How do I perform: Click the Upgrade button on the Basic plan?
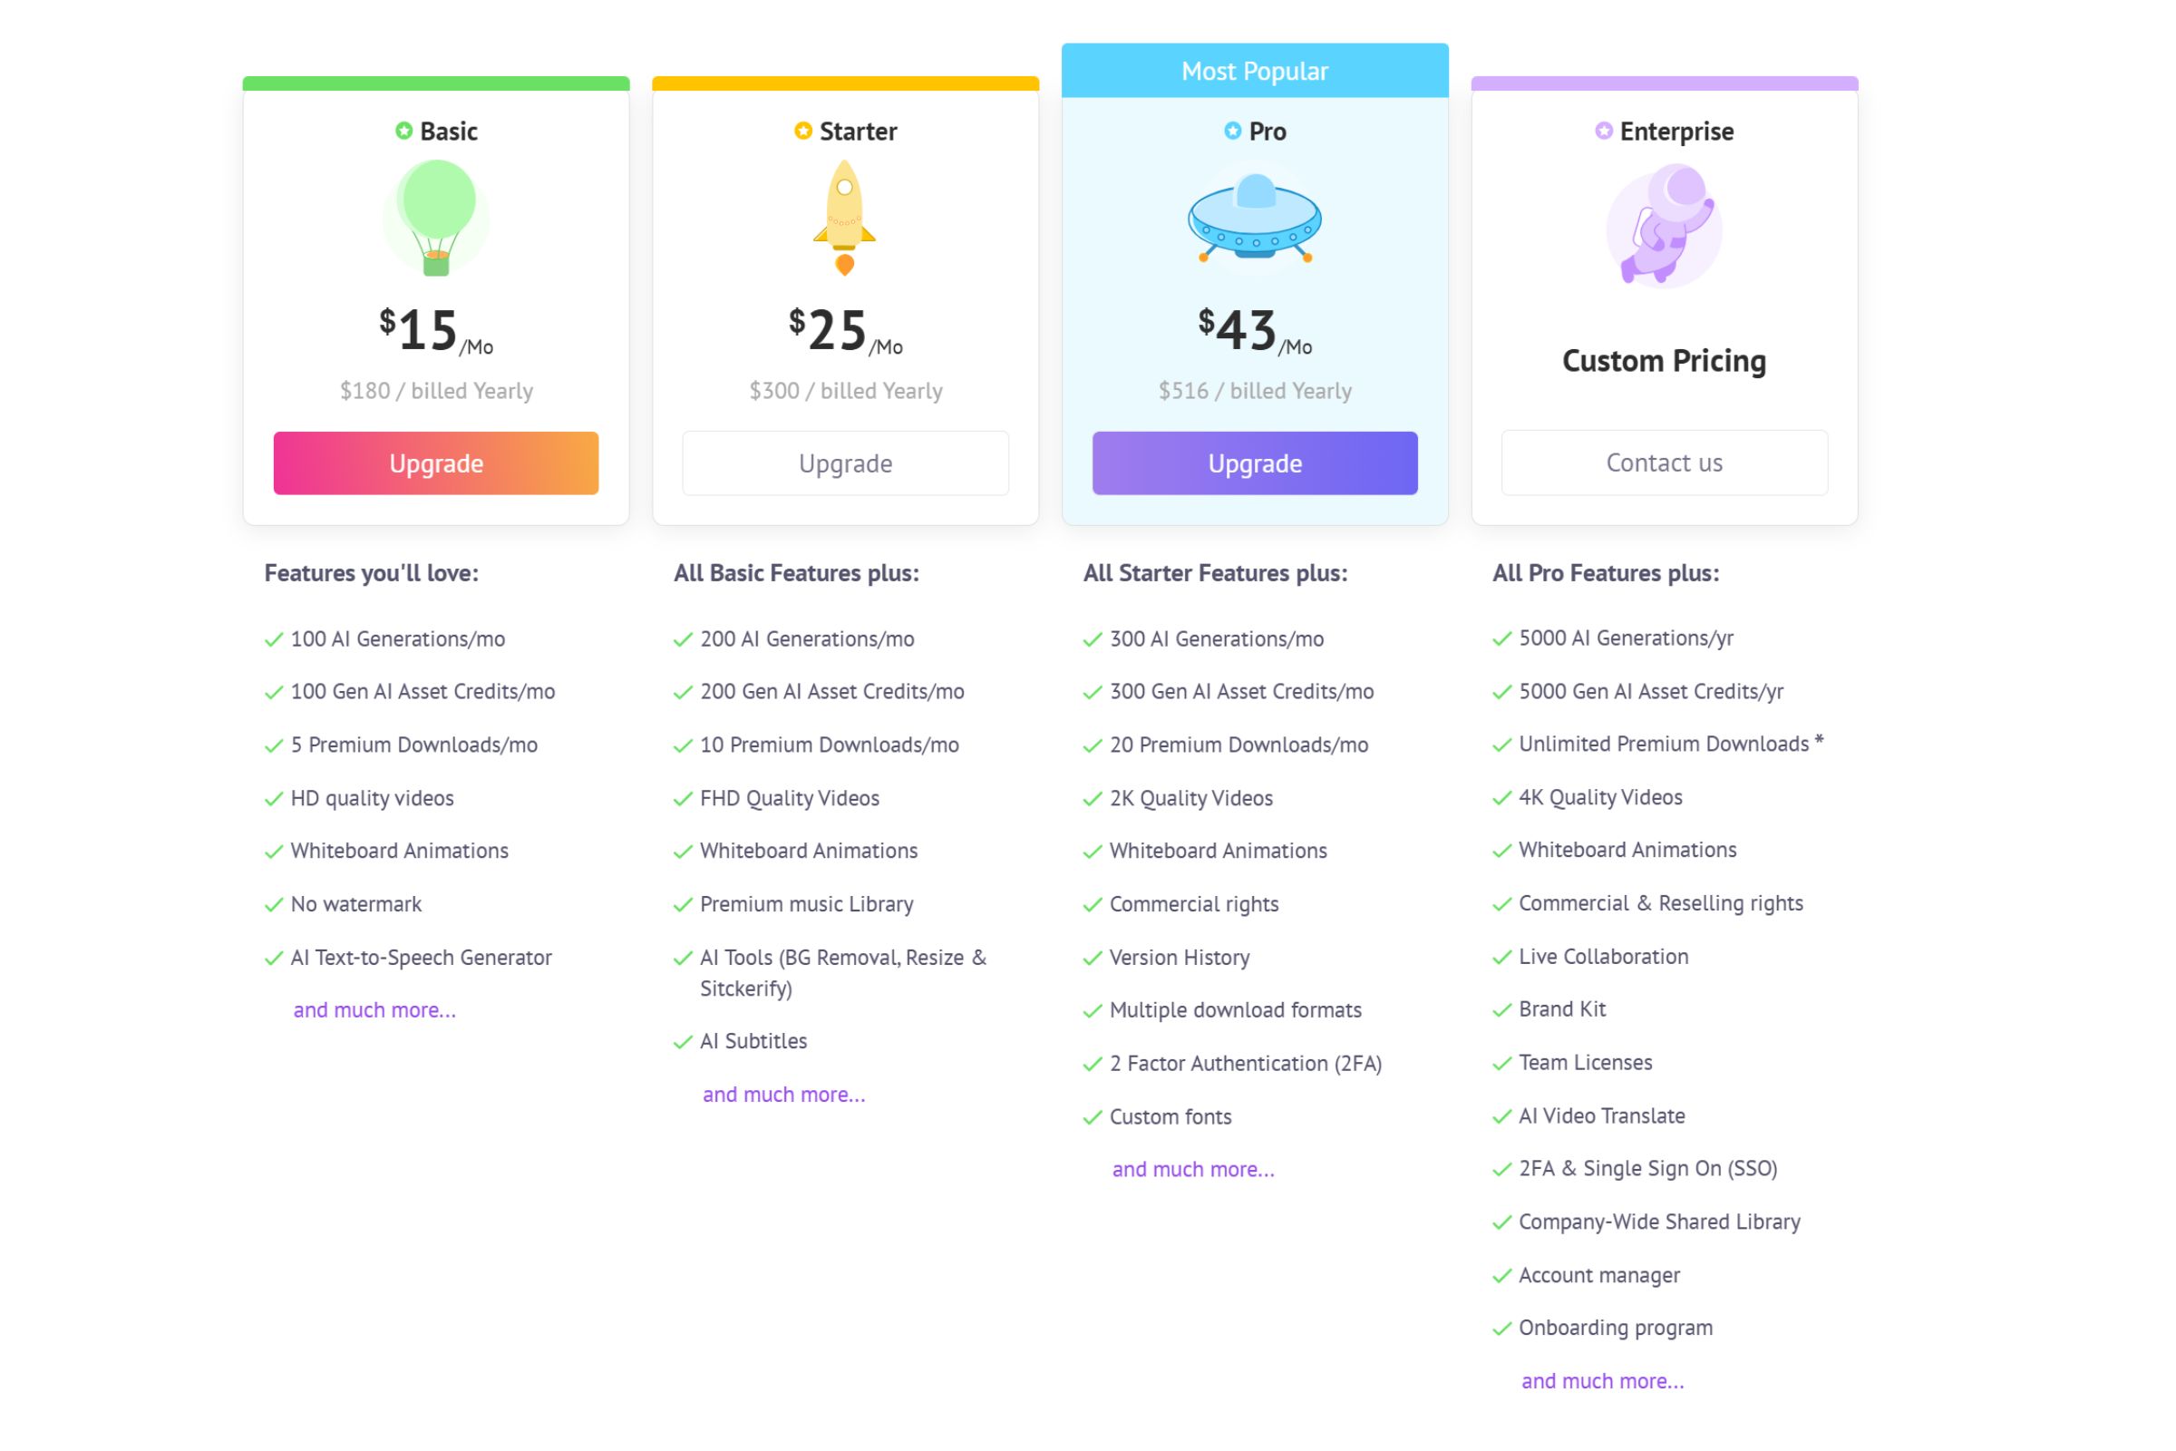pos(436,463)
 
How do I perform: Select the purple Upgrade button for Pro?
pos(1255,463)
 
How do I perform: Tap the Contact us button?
pos(1664,463)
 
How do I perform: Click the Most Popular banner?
pos(1255,72)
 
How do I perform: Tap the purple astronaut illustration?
pos(1664,225)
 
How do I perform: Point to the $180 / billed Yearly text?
pos(436,391)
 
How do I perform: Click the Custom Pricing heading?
pos(1664,361)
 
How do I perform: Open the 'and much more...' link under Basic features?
pos(374,1010)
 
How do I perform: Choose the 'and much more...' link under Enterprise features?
pos(1602,1380)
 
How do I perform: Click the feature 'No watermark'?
pos(356,904)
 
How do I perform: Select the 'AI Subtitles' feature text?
pos(753,1041)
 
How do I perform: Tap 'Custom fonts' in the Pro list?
pos(1171,1117)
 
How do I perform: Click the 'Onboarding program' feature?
pos(1616,1328)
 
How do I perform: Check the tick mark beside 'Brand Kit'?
pos(1501,1010)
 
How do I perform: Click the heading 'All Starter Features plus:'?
pos(1215,574)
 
